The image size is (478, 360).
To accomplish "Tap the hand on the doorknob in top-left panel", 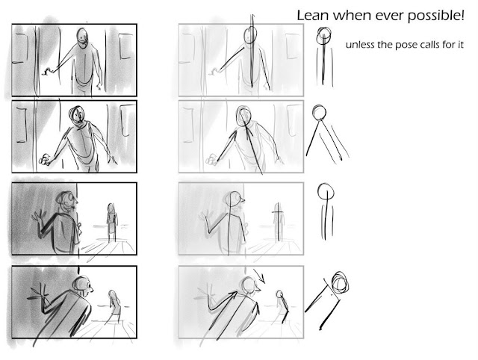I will (x=49, y=70).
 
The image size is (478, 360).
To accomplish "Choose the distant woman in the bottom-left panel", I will (x=114, y=305).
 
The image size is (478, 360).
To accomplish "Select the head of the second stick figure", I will (x=320, y=114).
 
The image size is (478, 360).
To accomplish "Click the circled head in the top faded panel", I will (x=249, y=36).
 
